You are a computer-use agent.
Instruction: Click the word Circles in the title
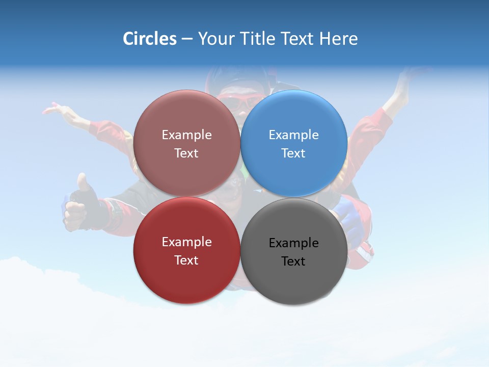149,39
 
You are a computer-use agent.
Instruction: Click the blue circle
294,143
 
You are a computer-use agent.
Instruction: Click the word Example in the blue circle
293,135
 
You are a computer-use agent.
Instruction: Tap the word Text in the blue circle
293,153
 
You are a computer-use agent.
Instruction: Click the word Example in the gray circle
293,243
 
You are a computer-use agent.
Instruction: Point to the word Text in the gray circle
293,261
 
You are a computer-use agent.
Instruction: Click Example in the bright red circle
186,242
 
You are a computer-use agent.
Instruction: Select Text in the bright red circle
186,260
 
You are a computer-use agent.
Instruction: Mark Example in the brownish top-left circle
186,135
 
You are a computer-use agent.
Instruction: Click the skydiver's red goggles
239,102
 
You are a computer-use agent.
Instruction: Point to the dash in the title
186,39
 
